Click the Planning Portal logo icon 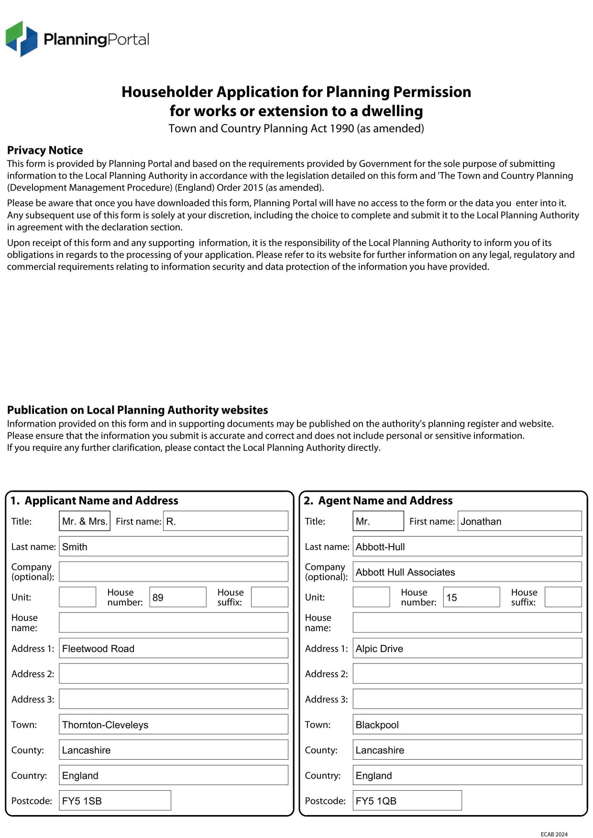(22, 39)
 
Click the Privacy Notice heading (45, 150)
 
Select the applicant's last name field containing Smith (173, 547)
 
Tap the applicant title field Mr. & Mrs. (85, 521)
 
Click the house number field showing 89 (177, 597)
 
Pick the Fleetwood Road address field (173, 648)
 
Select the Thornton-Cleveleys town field (173, 725)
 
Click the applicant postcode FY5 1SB (115, 801)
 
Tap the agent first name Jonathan (519, 521)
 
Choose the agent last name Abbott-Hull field (467, 547)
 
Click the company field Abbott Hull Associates (467, 572)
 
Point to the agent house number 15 (471, 597)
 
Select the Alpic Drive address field (467, 648)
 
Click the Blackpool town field (467, 725)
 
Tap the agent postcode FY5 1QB (407, 801)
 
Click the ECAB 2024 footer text (554, 834)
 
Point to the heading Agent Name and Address (385, 501)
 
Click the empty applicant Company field (173, 572)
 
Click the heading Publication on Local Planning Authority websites (137, 410)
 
